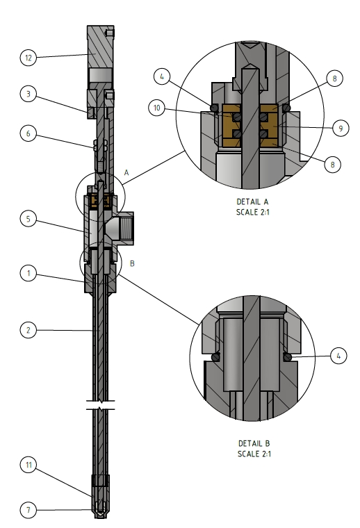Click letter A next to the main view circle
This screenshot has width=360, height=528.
[127, 172]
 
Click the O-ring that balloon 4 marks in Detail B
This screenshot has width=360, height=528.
[288, 357]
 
